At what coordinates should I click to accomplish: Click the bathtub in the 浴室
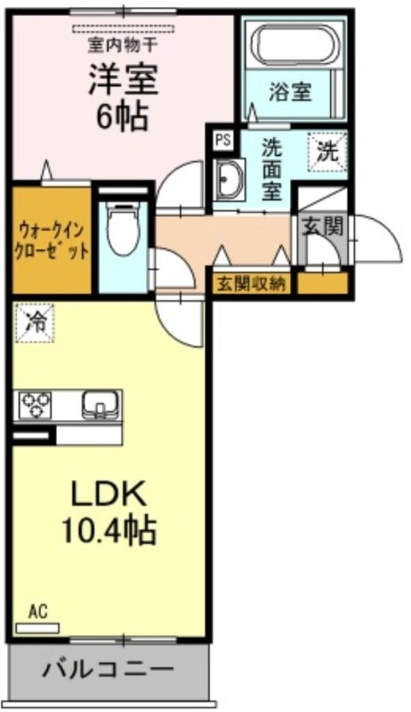[x=294, y=43]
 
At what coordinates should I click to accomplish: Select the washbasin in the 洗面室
[x=229, y=179]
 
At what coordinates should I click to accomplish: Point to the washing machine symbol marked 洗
[x=327, y=151]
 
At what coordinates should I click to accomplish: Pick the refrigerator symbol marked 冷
[x=35, y=322]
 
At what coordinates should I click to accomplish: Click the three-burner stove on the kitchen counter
[x=35, y=405]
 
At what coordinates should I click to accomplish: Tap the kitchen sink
[x=101, y=405]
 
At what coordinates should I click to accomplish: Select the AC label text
[x=38, y=612]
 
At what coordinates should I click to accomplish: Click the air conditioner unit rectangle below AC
[x=37, y=628]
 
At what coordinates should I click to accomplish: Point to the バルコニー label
[x=109, y=669]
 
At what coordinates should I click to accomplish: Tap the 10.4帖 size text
[x=109, y=530]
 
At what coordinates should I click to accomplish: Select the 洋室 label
[x=123, y=79]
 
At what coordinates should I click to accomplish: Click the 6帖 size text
[x=122, y=116]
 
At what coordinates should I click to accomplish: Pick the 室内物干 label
[x=123, y=46]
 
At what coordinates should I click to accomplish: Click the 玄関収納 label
[x=252, y=284]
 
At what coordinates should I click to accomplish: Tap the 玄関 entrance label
[x=323, y=226]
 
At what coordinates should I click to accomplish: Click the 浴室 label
[x=290, y=92]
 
